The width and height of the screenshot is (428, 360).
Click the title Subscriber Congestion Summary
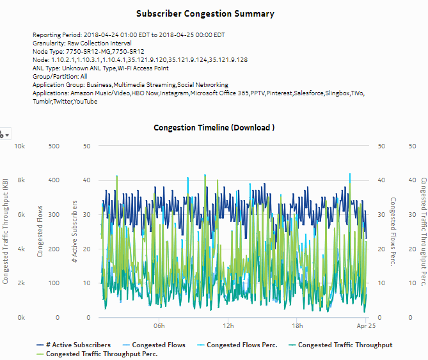click(x=205, y=13)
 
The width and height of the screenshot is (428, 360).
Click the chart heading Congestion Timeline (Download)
click(x=214, y=127)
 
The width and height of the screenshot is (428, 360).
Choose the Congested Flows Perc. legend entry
click(x=241, y=345)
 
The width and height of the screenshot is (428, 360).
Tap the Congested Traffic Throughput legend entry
click(x=345, y=345)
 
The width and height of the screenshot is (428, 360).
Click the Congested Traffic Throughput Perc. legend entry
click(x=102, y=353)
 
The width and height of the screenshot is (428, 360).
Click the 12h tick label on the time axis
click(x=228, y=325)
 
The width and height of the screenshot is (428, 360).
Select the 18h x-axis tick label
click(x=296, y=325)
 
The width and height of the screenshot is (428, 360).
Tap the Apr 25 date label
click(x=365, y=325)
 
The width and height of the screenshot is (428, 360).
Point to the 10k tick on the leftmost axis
click(x=20, y=146)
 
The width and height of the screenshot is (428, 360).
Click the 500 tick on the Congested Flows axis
click(x=54, y=146)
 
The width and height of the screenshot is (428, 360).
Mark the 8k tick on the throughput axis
click(x=21, y=180)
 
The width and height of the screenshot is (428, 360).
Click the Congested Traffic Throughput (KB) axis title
click(x=6, y=231)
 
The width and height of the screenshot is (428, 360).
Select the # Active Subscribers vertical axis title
click(x=74, y=231)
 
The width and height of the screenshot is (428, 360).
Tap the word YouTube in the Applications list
click(x=84, y=101)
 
